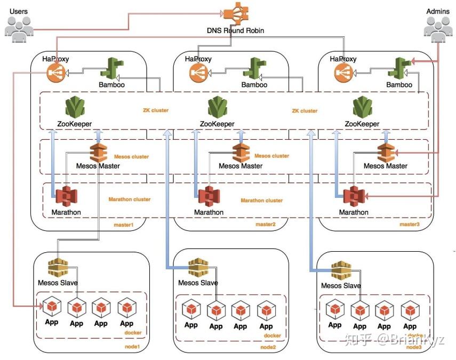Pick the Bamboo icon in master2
254,69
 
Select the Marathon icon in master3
353,197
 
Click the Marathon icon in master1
67,197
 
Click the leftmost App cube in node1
52,308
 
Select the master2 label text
265,225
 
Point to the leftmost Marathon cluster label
130,199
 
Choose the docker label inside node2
272,335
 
